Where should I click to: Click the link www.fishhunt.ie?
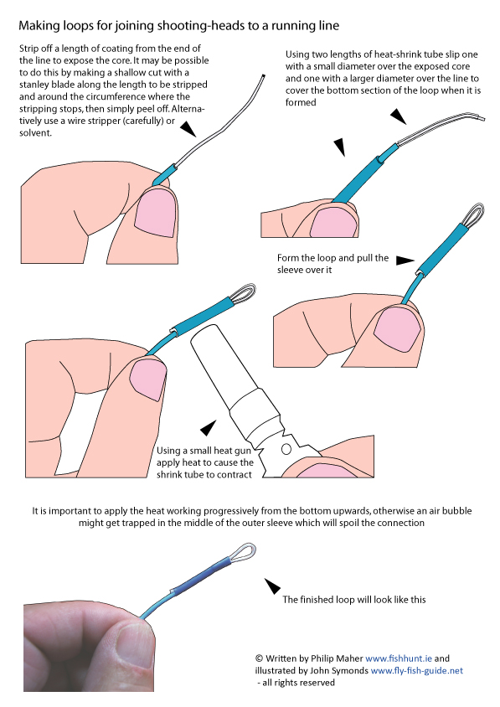399,658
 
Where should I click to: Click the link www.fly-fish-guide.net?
416,670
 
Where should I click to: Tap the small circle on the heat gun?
286,449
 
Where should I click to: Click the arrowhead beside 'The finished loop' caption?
272,586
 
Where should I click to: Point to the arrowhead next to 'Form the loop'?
405,261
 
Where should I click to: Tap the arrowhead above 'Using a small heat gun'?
208,428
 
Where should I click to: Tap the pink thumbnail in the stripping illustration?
155,213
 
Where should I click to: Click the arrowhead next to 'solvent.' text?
188,129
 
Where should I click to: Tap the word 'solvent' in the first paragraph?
34,133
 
